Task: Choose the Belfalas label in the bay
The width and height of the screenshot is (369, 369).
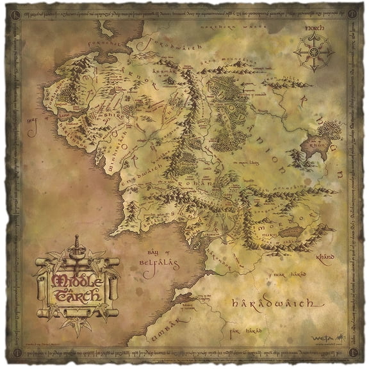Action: (158, 262)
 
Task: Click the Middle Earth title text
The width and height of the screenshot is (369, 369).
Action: (76, 288)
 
